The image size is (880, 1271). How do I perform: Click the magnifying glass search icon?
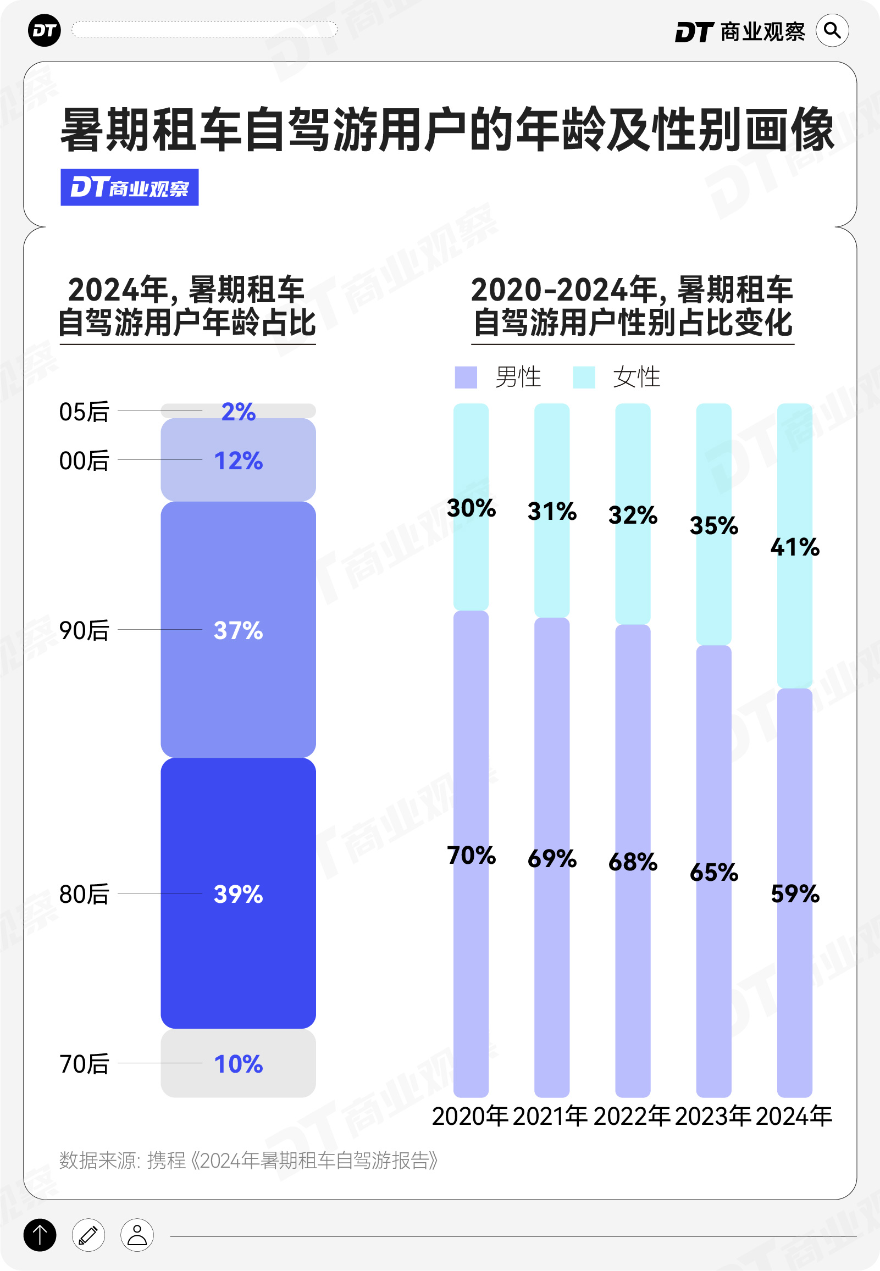[832, 30]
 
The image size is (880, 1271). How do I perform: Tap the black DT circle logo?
[44, 30]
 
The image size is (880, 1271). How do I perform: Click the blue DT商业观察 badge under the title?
[130, 187]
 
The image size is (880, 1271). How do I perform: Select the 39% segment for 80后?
[238, 893]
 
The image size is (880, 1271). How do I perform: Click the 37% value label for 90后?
[238, 630]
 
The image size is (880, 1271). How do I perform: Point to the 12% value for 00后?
[238, 460]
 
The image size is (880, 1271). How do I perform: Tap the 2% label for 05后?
[238, 412]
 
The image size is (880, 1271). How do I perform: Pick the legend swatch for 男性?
[466, 378]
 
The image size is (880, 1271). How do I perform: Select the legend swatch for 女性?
[584, 378]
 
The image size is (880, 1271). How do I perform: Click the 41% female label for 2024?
[795, 547]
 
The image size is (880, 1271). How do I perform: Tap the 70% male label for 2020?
[471, 855]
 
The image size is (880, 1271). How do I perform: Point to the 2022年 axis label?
[632, 1116]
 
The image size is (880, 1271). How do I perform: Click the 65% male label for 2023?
[713, 872]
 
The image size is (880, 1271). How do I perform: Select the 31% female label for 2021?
[552, 511]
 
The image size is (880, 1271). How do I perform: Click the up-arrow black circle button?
[40, 1235]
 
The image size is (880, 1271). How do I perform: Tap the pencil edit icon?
[88, 1235]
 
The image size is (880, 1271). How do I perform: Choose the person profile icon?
[137, 1235]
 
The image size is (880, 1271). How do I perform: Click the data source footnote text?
[248, 1160]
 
